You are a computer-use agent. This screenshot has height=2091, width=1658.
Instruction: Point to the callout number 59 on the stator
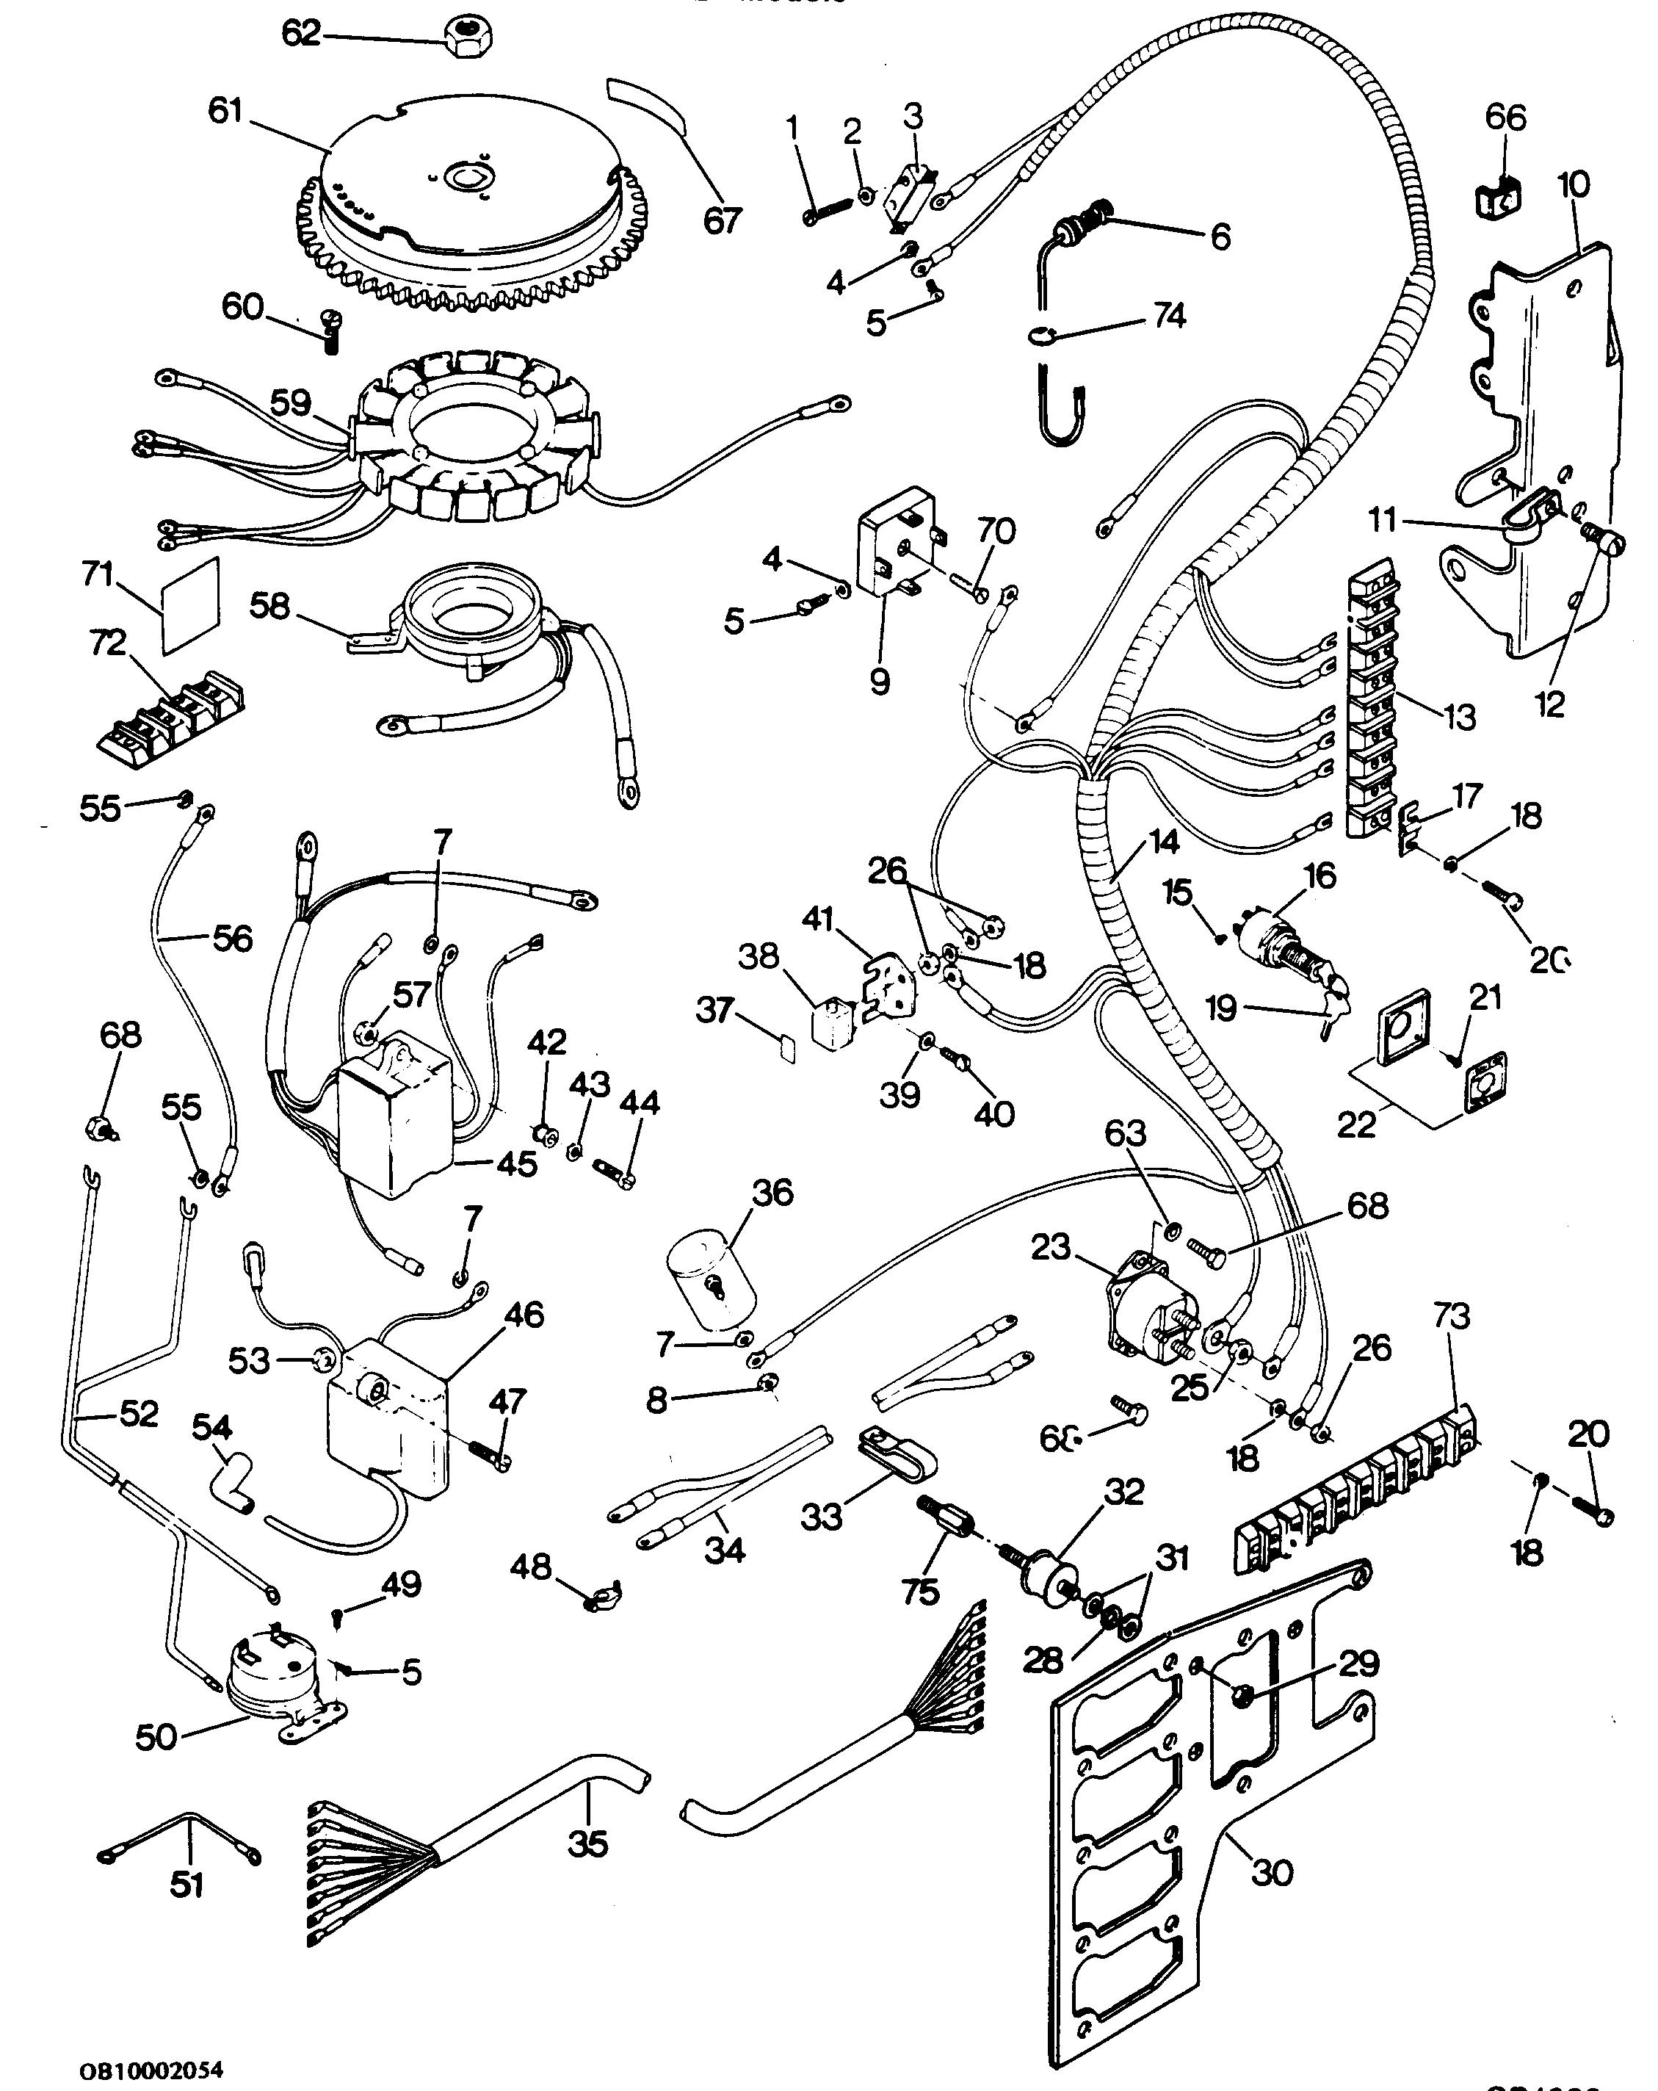pyautogui.click(x=290, y=403)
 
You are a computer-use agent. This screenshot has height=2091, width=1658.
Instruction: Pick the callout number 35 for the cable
pyautogui.click(x=587, y=1843)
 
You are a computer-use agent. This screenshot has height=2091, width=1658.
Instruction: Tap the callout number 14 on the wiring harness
pyautogui.click(x=1164, y=841)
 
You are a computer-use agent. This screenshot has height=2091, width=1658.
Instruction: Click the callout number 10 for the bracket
pyautogui.click(x=1573, y=184)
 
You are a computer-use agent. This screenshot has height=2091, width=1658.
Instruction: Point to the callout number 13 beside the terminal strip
pyautogui.click(x=1459, y=717)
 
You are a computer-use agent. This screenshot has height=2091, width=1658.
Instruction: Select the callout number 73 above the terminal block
pyautogui.click(x=1452, y=1316)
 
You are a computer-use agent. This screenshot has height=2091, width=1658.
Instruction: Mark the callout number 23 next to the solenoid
pyautogui.click(x=1051, y=1247)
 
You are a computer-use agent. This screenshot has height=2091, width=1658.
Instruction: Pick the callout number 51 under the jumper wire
pyautogui.click(x=187, y=1885)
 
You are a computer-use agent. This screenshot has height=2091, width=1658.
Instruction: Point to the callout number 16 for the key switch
pyautogui.click(x=1319, y=875)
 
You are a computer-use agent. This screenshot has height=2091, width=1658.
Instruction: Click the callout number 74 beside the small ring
pyautogui.click(x=1168, y=316)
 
